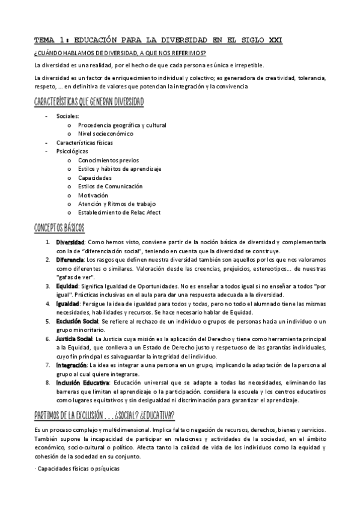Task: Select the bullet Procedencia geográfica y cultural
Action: [x=122, y=125]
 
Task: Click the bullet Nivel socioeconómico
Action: [x=105, y=134]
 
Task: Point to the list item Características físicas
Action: [x=84, y=143]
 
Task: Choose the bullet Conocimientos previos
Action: [x=108, y=161]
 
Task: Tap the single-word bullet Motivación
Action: [x=93, y=195]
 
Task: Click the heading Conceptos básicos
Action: [x=60, y=228]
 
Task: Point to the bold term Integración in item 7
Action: [x=72, y=365]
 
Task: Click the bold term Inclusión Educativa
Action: [x=82, y=382]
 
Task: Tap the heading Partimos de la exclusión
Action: [x=103, y=417]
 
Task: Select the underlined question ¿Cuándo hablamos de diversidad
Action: [x=120, y=54]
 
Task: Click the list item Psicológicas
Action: [x=72, y=152]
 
